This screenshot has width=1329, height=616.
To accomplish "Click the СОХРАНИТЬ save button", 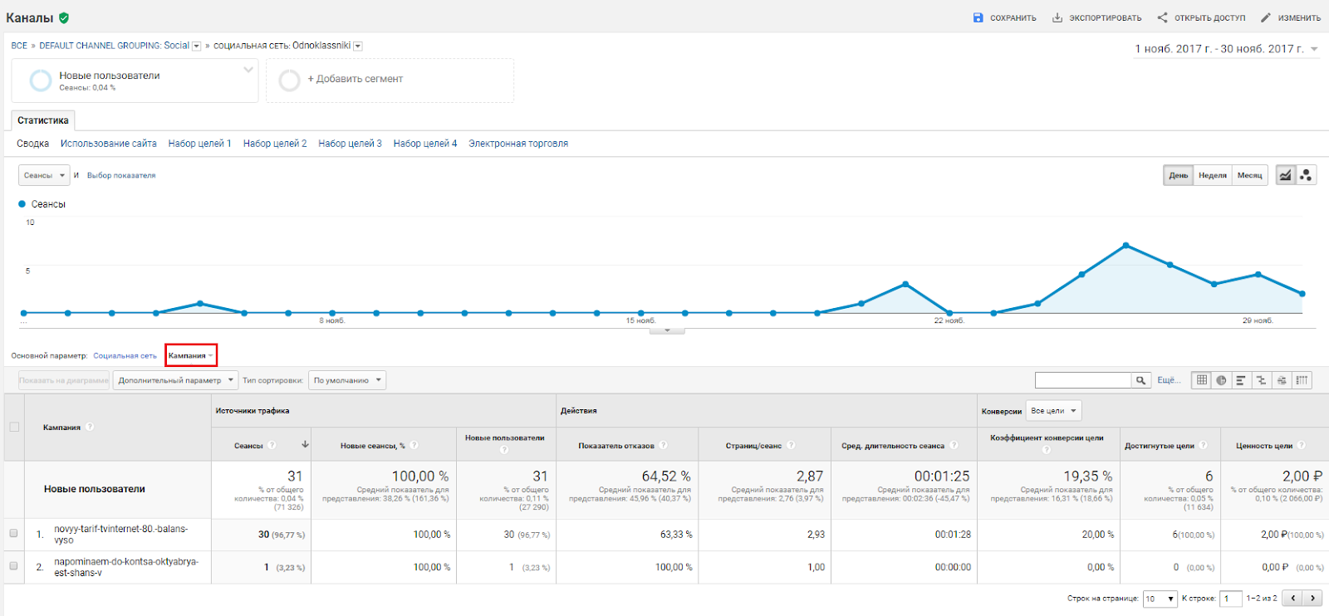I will (1004, 17).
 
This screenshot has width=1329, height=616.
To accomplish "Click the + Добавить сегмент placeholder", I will (355, 79).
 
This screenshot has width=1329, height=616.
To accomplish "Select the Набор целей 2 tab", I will (275, 144).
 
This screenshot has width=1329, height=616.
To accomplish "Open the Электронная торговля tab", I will (518, 144).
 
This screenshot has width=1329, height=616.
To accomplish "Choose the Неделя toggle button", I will (1213, 175).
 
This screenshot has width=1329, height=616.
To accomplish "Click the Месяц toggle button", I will (1249, 175).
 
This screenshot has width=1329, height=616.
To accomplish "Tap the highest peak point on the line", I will (1125, 245).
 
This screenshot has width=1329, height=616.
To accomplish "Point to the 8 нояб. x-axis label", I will (332, 320).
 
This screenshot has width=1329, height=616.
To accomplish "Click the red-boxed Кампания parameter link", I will (188, 355).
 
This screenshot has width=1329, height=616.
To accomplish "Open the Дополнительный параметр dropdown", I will (175, 380).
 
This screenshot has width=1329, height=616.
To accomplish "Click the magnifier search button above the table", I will (1142, 380).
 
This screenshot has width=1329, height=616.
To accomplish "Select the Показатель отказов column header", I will (616, 446).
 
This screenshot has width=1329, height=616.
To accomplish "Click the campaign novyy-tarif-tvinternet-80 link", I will (120, 534).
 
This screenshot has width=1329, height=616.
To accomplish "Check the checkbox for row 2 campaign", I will (13, 565).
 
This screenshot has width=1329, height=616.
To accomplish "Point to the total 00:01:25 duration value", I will (942, 476).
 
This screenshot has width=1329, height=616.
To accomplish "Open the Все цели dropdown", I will (1054, 411).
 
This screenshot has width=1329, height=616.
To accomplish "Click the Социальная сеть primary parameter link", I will (125, 355).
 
